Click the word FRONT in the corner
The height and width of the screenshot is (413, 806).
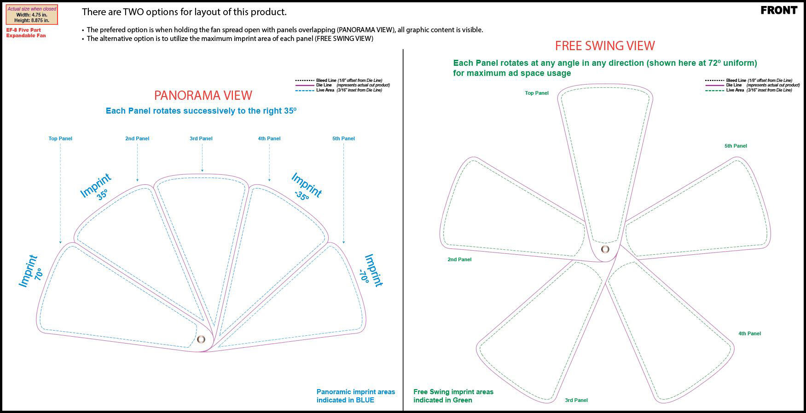[779, 11]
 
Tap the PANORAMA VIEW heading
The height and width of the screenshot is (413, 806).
[203, 95]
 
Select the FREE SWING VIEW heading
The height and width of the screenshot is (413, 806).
[604, 46]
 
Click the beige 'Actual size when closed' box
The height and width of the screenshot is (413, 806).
[32, 15]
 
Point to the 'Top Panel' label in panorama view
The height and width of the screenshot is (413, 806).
[60, 138]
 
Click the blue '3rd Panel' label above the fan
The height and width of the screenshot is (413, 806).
[201, 138]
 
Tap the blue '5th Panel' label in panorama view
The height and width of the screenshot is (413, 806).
[343, 138]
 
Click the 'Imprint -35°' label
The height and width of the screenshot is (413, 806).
[305, 186]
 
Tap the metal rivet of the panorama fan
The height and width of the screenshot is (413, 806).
[201, 339]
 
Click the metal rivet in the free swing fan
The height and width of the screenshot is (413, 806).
[605, 249]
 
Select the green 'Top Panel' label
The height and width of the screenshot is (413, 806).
[537, 93]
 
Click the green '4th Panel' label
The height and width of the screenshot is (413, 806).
[749, 333]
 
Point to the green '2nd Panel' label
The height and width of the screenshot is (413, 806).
[459, 259]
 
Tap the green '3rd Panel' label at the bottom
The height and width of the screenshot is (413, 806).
[576, 400]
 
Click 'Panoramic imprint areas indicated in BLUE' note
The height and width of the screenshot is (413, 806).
[355, 396]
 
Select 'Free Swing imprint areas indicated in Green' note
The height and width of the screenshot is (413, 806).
[453, 396]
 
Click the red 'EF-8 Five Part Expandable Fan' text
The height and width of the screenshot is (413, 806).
[26, 33]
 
